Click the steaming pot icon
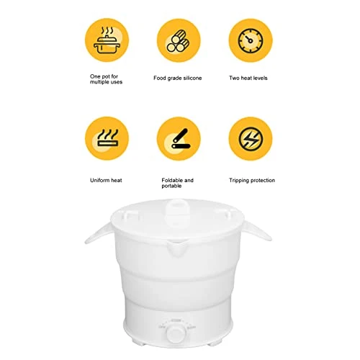(107, 40)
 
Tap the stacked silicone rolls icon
(178, 41)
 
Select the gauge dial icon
(251, 40)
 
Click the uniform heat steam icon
(107, 138)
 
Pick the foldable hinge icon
(181, 139)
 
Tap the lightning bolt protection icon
(251, 139)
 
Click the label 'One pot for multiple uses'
(106, 79)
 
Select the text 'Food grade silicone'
(178, 78)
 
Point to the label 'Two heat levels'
(248, 78)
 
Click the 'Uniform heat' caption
(106, 180)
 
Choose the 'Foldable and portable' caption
(177, 183)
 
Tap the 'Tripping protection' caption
(252, 181)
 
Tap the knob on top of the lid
(178, 212)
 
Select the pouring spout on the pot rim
(176, 248)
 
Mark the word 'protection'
(261, 181)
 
